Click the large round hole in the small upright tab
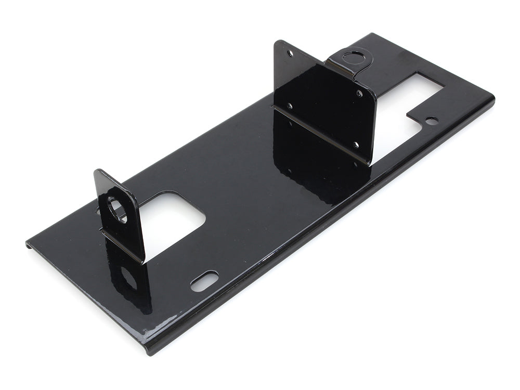[117, 210]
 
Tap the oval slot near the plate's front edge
[204, 281]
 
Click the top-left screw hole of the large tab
[290, 53]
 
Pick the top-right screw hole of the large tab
[359, 94]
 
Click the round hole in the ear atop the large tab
[355, 55]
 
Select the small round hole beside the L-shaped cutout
[431, 120]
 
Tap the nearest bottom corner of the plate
[148, 349]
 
